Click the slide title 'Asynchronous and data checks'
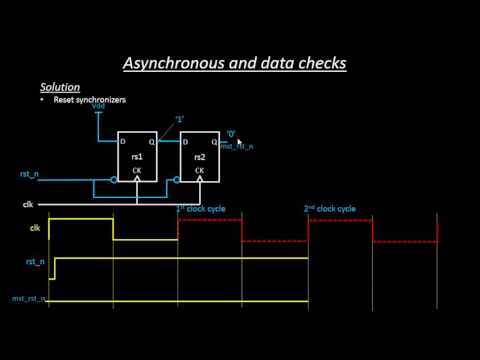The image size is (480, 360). (x=240, y=63)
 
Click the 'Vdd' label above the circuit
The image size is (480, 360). (x=98, y=105)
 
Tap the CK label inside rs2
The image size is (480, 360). (x=199, y=170)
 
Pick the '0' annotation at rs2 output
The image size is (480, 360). (x=230, y=132)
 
